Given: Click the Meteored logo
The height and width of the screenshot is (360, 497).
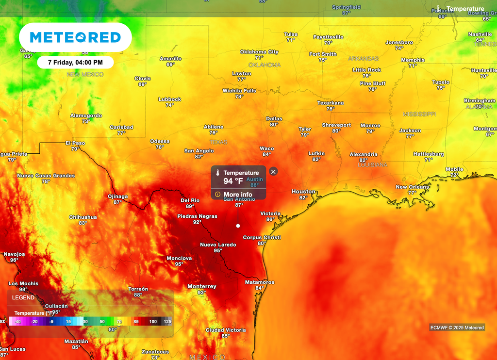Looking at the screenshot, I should pyautogui.click(x=75, y=37).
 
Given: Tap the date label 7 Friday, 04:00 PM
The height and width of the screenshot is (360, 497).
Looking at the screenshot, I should pyautogui.click(x=75, y=63).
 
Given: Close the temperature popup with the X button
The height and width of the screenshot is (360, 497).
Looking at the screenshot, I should pyautogui.click(x=273, y=171).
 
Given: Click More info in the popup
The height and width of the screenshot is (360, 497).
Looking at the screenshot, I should pyautogui.click(x=237, y=195).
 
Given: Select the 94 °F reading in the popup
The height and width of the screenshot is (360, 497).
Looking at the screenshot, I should pyautogui.click(x=233, y=181).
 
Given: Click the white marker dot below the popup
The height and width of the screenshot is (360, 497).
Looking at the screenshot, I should pyautogui.click(x=238, y=226).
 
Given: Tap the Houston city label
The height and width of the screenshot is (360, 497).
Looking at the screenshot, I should pyautogui.click(x=303, y=192).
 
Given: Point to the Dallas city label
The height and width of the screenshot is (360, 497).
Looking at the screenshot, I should pyautogui.click(x=274, y=118).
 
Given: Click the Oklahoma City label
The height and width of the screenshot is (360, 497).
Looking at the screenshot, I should pyautogui.click(x=260, y=52).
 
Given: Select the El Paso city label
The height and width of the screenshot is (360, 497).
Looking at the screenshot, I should pyautogui.click(x=75, y=143).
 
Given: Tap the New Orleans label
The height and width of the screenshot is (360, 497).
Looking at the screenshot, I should pyautogui.click(x=413, y=187).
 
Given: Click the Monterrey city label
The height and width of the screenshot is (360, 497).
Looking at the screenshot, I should pyautogui.click(x=202, y=286).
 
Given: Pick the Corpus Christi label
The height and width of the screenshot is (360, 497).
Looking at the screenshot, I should pyautogui.click(x=262, y=237).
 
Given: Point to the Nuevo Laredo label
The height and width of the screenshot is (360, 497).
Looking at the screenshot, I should pyautogui.click(x=218, y=245).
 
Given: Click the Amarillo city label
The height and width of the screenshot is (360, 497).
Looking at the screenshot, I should pyautogui.click(x=170, y=59).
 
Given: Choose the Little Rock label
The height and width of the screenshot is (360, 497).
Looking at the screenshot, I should pyautogui.click(x=366, y=70).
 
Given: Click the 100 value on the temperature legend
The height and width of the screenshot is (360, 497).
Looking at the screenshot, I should pyautogui.click(x=153, y=322).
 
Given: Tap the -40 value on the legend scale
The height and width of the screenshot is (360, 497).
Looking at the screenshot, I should pyautogui.click(x=17, y=322).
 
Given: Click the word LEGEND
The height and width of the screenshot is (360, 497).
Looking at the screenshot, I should pyautogui.click(x=23, y=297).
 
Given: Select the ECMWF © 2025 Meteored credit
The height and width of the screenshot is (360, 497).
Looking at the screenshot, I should pyautogui.click(x=457, y=327).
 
